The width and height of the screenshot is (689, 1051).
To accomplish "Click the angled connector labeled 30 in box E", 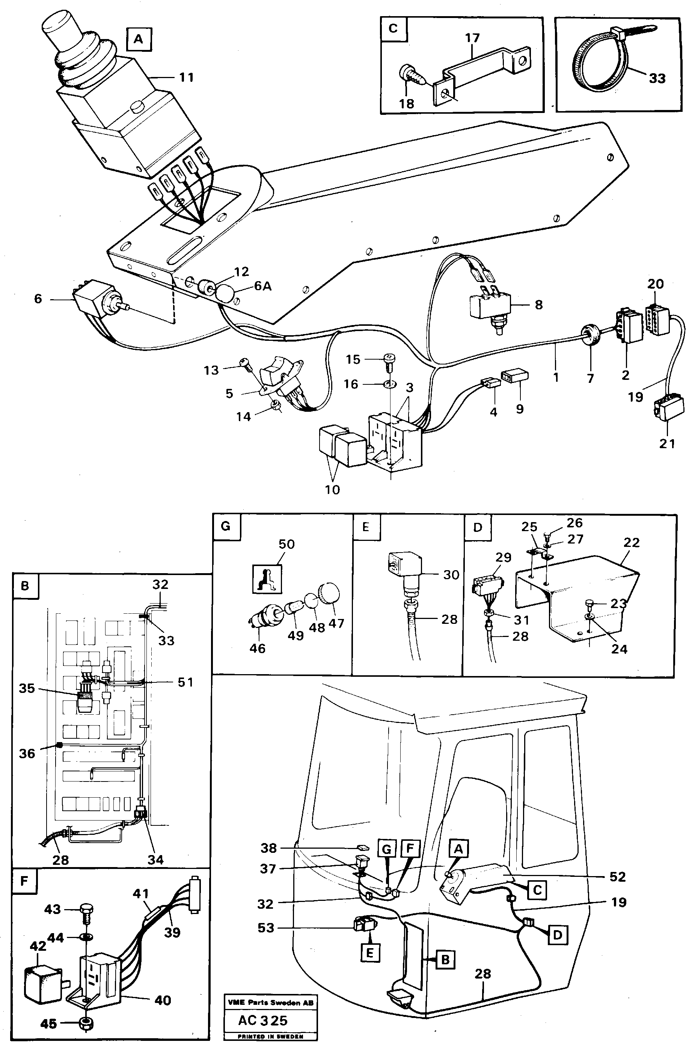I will point(405,570).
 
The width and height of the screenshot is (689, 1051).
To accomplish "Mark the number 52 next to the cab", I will point(617,877).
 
